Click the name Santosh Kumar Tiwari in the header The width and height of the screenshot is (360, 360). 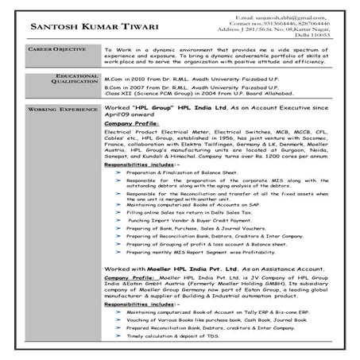point(87,28)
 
